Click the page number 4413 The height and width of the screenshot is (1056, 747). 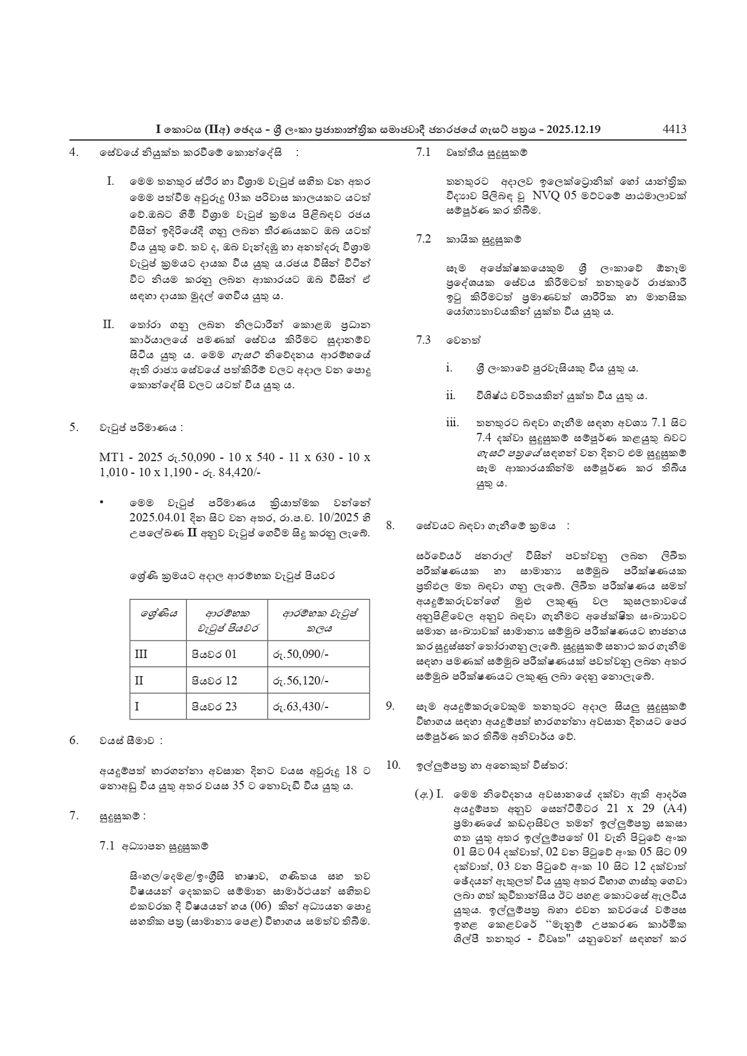[x=674, y=129]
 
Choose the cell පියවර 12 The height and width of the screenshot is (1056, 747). [x=214, y=680]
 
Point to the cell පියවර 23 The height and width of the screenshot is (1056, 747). [x=214, y=706]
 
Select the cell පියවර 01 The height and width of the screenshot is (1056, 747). [x=214, y=654]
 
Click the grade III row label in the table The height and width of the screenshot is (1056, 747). [x=141, y=654]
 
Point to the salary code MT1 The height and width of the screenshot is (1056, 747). [x=111, y=457]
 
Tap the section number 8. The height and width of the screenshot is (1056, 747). [x=390, y=526]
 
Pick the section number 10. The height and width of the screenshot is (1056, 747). [x=393, y=765]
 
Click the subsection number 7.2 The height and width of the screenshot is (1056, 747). [x=424, y=239]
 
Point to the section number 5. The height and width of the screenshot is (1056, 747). [x=73, y=427]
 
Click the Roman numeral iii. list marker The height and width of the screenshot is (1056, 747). [x=452, y=423]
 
